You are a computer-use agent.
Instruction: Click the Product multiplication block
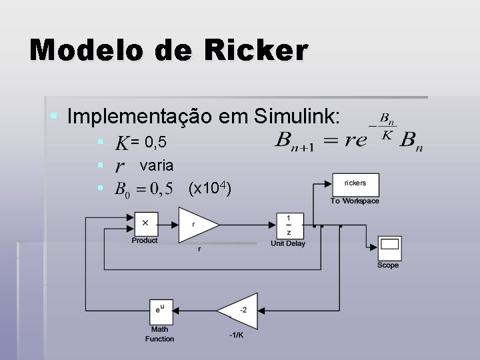[145, 224]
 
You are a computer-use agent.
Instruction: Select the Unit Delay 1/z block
[288, 224]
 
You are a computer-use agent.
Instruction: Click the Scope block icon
[388, 248]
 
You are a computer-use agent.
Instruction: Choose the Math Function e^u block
[160, 311]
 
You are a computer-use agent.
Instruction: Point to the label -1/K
[236, 335]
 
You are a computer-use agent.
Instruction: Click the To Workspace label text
[355, 201]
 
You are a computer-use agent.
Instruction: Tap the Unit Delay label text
[288, 243]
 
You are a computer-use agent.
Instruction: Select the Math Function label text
[160, 334]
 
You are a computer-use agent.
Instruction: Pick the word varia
[157, 165]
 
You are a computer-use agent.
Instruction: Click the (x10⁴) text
[210, 189]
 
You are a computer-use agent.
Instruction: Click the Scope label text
[388, 265]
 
